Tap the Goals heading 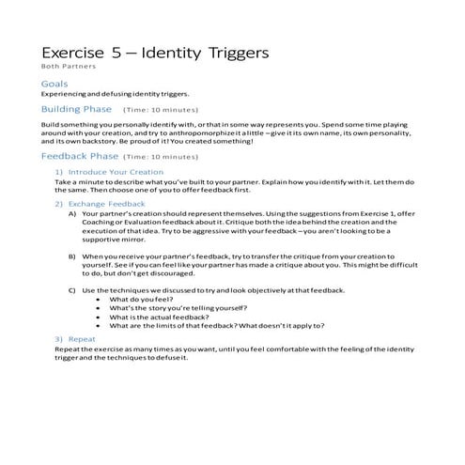point(55,84)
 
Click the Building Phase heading point(77,109)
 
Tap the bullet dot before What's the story point(100,309)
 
